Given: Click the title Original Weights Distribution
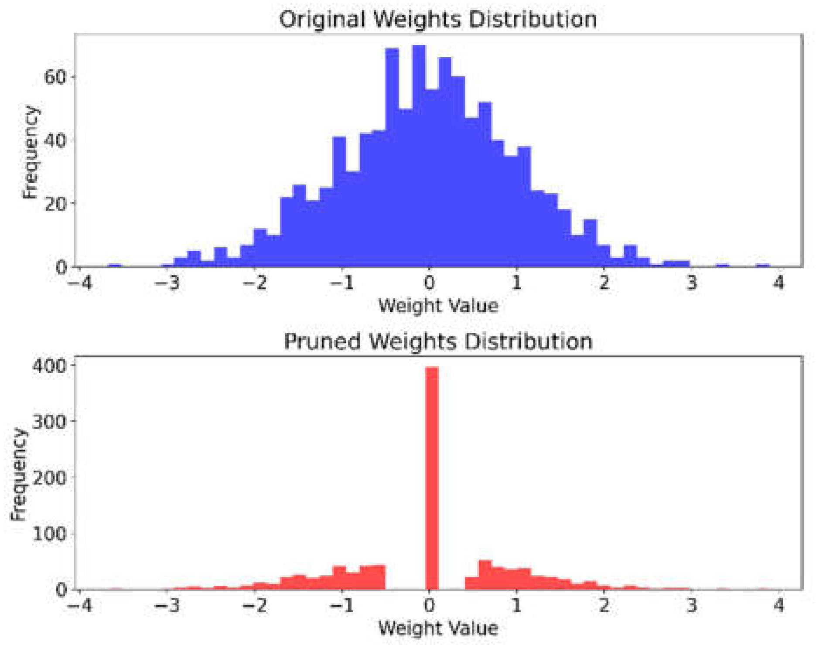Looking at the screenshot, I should [x=437, y=20].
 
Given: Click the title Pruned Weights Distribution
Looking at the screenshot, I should [x=437, y=341].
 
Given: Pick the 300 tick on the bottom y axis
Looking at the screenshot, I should [x=49, y=422].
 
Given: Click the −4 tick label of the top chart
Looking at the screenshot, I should [x=81, y=283].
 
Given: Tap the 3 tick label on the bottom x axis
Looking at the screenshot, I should [x=691, y=606].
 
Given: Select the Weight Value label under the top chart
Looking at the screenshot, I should [x=437, y=306].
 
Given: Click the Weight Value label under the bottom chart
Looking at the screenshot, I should [x=437, y=628].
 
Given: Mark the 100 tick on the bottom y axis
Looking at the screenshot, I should [x=49, y=534].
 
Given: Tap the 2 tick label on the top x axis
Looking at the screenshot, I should [x=604, y=283].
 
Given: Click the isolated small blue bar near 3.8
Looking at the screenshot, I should [x=762, y=265].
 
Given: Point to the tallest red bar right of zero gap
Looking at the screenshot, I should [x=485, y=575].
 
